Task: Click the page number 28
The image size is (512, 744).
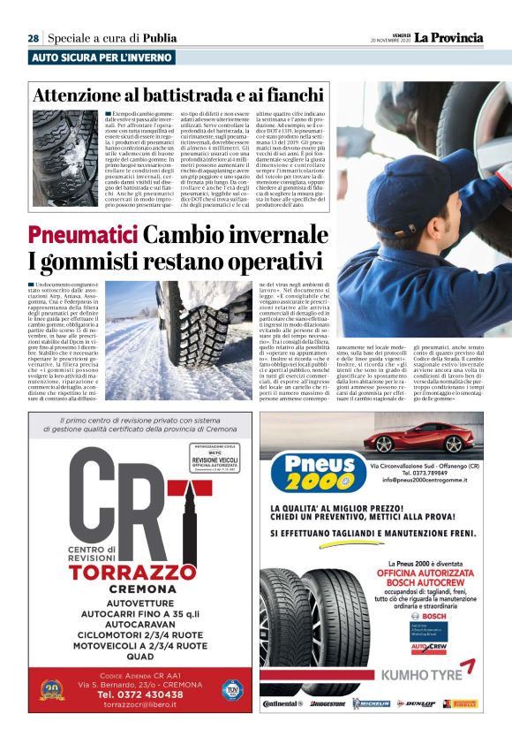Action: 33,38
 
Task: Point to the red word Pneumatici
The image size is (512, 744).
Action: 82,236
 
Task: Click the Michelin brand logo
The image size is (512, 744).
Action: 372,703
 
